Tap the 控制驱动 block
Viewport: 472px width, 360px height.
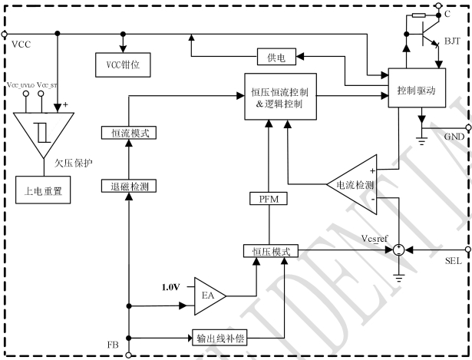tap(416, 91)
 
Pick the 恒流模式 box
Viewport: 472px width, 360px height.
tap(129, 133)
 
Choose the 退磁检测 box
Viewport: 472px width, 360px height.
tap(129, 187)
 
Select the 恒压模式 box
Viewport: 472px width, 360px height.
tap(267, 250)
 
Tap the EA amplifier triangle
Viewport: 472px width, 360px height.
tap(206, 294)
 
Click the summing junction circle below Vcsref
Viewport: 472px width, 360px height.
tap(398, 249)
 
